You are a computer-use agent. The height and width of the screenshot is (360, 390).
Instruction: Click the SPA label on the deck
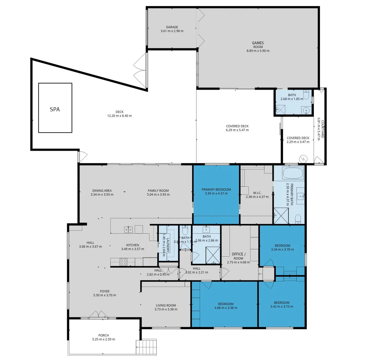coord(55,109)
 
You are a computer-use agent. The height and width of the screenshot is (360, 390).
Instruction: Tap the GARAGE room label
coord(172,27)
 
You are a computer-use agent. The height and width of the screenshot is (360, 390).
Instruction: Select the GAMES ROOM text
coord(258,45)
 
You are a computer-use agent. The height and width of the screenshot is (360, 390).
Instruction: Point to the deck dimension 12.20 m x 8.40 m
coord(119,116)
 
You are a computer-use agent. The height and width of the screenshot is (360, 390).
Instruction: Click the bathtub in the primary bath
coord(293,173)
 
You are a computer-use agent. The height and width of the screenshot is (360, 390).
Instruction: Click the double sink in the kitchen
coord(129,229)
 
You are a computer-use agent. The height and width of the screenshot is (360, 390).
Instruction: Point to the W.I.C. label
coord(257,193)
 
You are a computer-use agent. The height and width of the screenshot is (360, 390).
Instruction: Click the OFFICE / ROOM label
coord(238,256)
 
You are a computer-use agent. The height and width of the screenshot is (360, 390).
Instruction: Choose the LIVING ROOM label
coord(166,305)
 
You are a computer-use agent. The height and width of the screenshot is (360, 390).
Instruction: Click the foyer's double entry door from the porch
coord(98,315)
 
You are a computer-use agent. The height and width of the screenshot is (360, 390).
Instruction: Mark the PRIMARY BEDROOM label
coord(216,189)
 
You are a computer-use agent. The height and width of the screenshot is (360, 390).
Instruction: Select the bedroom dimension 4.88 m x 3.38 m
coord(226,308)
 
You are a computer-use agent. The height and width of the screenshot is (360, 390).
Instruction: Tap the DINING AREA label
coord(102,191)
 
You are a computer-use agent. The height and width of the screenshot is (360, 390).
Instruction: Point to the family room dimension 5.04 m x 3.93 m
coord(159,195)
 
